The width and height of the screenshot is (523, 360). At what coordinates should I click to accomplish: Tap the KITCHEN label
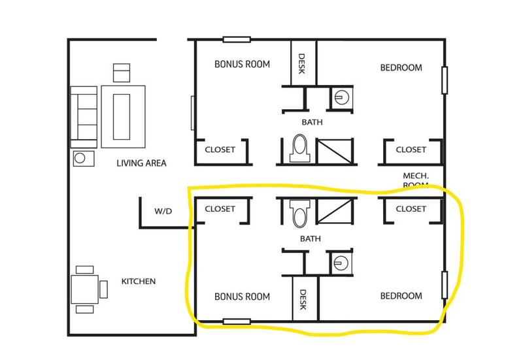(139, 282)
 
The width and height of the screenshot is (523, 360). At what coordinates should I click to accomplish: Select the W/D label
(163, 212)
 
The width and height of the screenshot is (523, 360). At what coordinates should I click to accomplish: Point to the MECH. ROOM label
(416, 180)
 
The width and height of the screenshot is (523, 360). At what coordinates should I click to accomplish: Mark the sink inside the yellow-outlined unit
(339, 263)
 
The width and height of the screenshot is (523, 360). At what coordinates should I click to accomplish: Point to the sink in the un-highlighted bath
(339, 97)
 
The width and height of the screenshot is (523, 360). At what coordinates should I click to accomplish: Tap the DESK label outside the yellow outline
(302, 63)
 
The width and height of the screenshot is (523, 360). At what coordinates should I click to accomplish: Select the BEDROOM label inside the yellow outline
(401, 296)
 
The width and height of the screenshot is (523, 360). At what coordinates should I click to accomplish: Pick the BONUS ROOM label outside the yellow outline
(243, 65)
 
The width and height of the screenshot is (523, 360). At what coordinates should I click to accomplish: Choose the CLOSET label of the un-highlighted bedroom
(411, 150)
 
